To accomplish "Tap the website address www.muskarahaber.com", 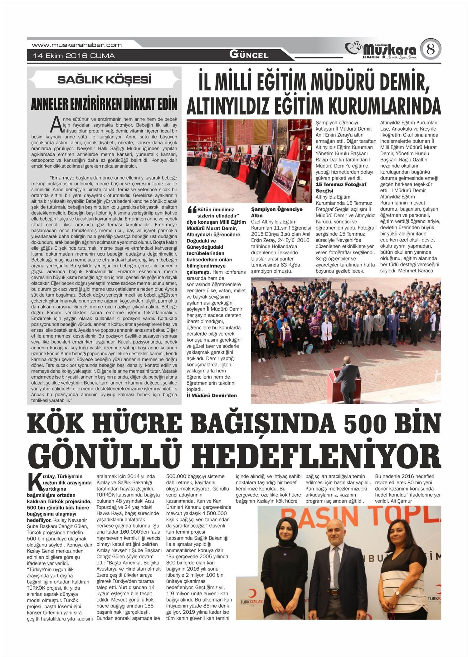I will click(x=77, y=45).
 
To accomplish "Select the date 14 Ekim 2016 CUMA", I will click(x=74, y=56).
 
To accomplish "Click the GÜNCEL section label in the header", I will click(x=249, y=55).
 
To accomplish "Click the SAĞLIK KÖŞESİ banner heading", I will click(x=104, y=80).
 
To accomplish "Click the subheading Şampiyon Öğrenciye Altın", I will click(x=277, y=212).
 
